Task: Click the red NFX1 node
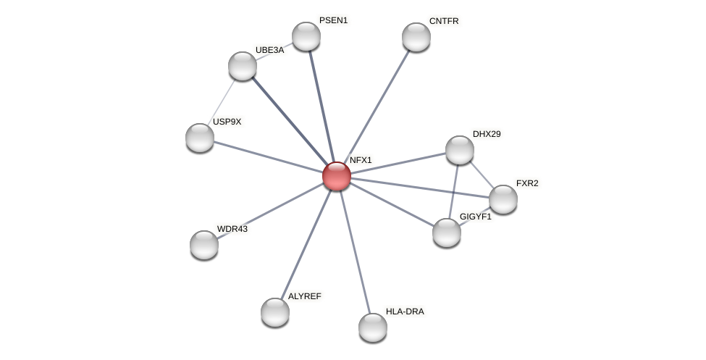pos(337,176)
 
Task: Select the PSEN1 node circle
pos(306,36)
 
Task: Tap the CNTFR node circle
pos(416,37)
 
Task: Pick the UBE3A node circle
pos(243,66)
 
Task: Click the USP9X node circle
pos(200,138)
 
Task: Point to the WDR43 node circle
pos(204,245)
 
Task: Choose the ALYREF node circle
pos(275,312)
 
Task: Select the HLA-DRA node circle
pos(373,327)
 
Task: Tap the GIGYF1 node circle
pos(447,233)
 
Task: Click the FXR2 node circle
pos(503,199)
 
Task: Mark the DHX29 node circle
pos(460,150)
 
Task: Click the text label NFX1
pos(361,160)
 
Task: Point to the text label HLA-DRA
pos(405,311)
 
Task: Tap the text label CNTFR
pos(444,21)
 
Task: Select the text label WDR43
pos(232,229)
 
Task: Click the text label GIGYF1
pos(475,217)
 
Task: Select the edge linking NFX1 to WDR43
pos(270,210)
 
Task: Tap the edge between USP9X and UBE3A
pos(222,101)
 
